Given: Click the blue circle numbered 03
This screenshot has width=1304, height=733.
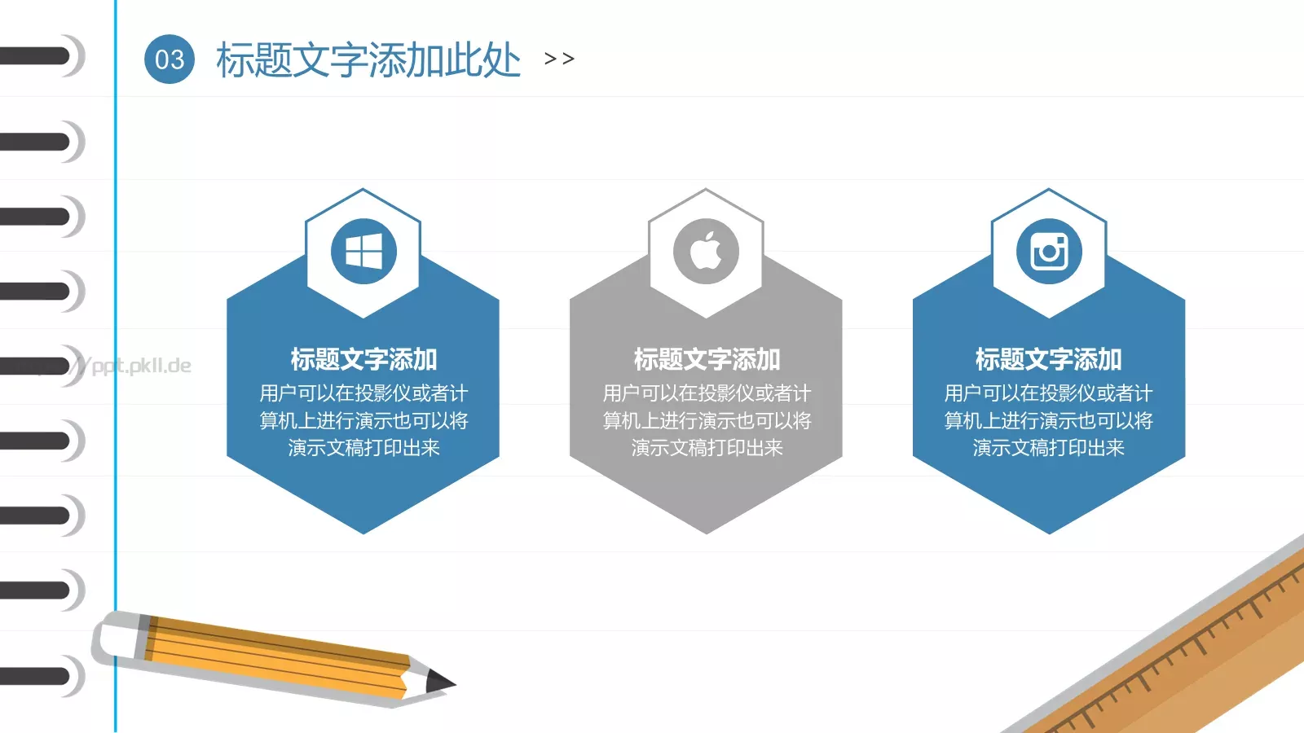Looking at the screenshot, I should pyautogui.click(x=170, y=59).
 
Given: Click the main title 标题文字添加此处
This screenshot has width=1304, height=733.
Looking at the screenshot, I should pyautogui.click(x=368, y=60).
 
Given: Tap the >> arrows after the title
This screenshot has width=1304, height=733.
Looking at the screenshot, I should pyautogui.click(x=559, y=59).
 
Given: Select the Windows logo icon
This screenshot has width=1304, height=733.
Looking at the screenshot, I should pyautogui.click(x=363, y=252).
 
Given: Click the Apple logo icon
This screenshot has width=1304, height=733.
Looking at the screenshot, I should pyautogui.click(x=706, y=252).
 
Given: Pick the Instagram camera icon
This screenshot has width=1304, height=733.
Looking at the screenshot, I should pyautogui.click(x=1049, y=252).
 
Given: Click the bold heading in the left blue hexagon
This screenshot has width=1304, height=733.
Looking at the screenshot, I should pyautogui.click(x=363, y=359).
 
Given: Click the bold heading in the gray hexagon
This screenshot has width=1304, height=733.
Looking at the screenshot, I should pyautogui.click(x=707, y=359).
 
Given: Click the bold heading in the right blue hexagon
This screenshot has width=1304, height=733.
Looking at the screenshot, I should pyautogui.click(x=1049, y=359).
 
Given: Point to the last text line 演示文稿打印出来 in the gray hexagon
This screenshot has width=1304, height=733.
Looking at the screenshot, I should pyautogui.click(x=707, y=448).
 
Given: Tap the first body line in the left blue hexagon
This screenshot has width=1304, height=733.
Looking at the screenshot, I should pyautogui.click(x=363, y=393).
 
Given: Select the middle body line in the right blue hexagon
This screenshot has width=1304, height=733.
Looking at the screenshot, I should pyautogui.click(x=1049, y=421).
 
